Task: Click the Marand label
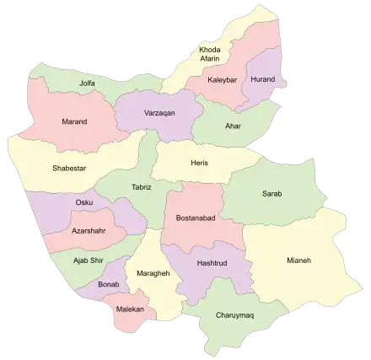pyautogui.click(x=74, y=121)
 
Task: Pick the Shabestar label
pyautogui.click(x=68, y=168)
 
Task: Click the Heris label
pyautogui.click(x=199, y=163)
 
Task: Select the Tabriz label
pyautogui.click(x=142, y=186)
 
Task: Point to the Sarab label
pyautogui.click(x=272, y=194)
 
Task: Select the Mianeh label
pyautogui.click(x=298, y=261)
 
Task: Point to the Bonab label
pyautogui.click(x=109, y=285)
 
